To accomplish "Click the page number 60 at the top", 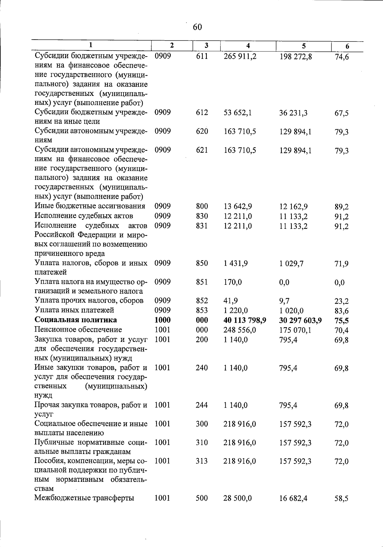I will [x=197, y=27].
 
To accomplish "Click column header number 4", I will [x=248, y=46].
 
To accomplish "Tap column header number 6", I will [x=347, y=46].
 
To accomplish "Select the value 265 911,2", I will [x=240, y=57].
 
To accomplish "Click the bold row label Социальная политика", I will [x=76, y=320].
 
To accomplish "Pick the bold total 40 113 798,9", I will [x=245, y=320].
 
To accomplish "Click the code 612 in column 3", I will [x=202, y=112].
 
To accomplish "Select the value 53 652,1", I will [x=237, y=113].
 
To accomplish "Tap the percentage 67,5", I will [x=342, y=113].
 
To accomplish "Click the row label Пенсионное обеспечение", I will [x=78, y=329].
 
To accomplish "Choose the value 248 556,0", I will [x=240, y=330].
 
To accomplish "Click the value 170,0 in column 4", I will [x=233, y=282].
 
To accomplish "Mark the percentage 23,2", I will [x=342, y=301].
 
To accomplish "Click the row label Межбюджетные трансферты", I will [x=84, y=498].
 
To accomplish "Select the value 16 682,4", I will [x=293, y=498].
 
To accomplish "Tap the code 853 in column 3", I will [x=202, y=310].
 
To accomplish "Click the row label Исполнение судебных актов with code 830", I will [x=84, y=216].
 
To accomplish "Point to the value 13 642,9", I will [x=238, y=206].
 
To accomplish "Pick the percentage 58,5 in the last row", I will [x=342, y=498].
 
